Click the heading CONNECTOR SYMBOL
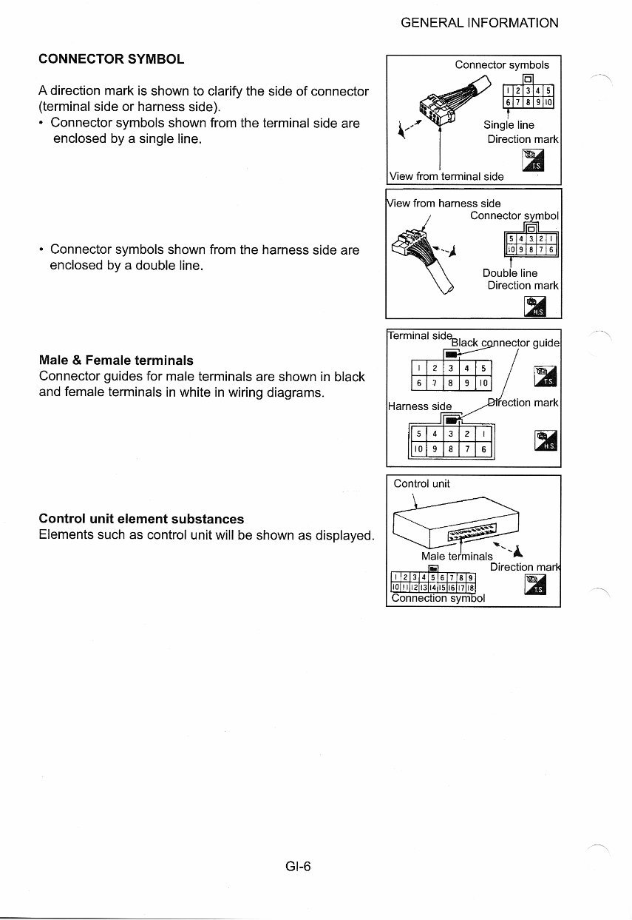pos(111,58)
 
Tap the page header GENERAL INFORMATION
pos(479,23)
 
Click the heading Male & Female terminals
pos(116,360)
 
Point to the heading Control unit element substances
pos(141,519)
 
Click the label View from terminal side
pos(446,176)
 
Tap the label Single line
pos(509,125)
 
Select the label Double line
pos(510,273)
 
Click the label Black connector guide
pos(506,343)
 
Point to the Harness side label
pos(419,406)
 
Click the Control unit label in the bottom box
pos(421,484)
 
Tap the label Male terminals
pos(457,556)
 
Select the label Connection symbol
pos(438,598)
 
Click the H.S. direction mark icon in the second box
pos(534,306)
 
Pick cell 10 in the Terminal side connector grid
pos(481,382)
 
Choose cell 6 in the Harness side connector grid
pos(483,449)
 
